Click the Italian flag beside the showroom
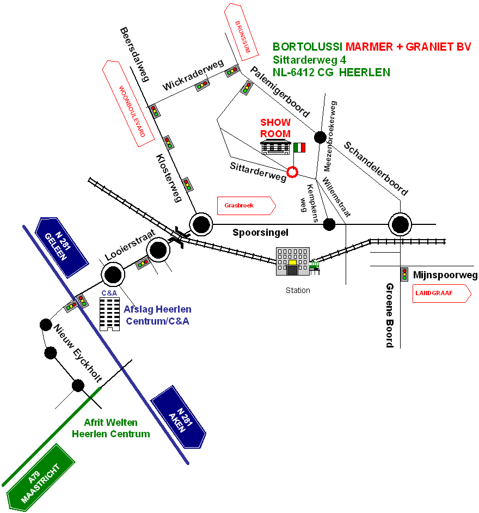299,148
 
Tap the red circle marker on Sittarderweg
292,172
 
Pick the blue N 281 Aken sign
179,417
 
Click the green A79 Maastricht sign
40,479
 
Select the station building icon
293,261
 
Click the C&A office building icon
109,313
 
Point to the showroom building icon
275,147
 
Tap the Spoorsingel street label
260,233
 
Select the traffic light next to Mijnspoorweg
404,274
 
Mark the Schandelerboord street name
375,168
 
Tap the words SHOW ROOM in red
275,128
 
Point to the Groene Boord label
390,315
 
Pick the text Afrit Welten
111,423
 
